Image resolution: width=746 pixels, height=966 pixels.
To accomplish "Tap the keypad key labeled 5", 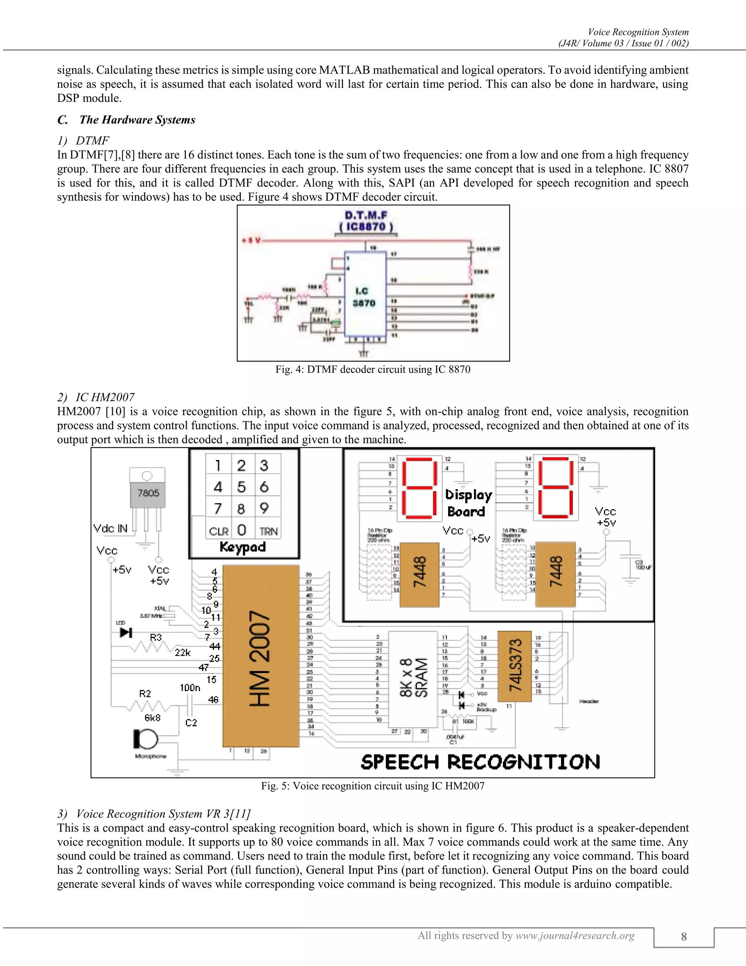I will pyautogui.click(x=241, y=487).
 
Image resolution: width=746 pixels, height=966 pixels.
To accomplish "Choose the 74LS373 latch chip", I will pyautogui.click(x=514, y=666).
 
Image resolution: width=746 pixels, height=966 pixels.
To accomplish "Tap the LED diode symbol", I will pyautogui.click(x=126, y=632).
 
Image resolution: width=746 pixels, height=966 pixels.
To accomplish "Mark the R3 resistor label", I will pyautogui.click(x=156, y=637).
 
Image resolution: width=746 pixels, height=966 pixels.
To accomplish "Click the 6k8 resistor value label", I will pyautogui.click(x=153, y=717).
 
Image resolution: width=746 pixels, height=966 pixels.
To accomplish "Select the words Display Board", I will pyautogui.click(x=468, y=503).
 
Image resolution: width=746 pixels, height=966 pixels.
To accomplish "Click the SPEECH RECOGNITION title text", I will pyautogui.click(x=480, y=762).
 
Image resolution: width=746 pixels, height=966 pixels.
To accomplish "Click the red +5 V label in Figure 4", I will pyautogui.click(x=251, y=241).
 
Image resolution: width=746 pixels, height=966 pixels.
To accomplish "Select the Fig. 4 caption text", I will pyautogui.click(x=373, y=369).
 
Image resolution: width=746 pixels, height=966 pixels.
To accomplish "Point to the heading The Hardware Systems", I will pyautogui.click(x=137, y=120).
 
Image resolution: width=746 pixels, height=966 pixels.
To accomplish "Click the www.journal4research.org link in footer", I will pyautogui.click(x=575, y=935).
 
